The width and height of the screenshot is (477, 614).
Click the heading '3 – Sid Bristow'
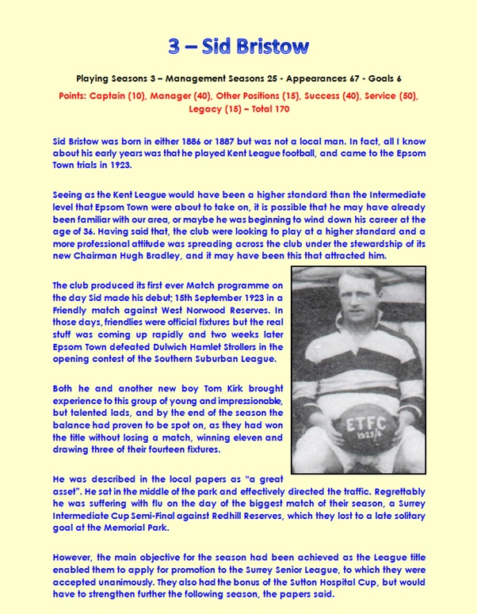238,47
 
